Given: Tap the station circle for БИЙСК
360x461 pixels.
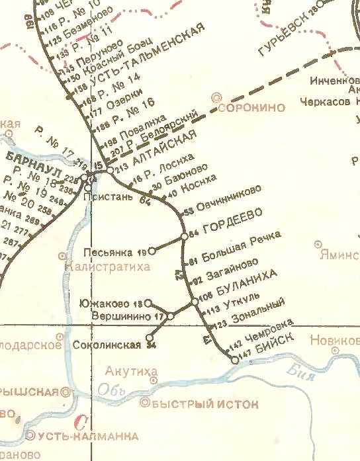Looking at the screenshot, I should coord(234,360).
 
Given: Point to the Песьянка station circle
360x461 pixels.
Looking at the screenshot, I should coord(151,251).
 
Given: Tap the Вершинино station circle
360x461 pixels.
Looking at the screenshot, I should coord(170,317).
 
